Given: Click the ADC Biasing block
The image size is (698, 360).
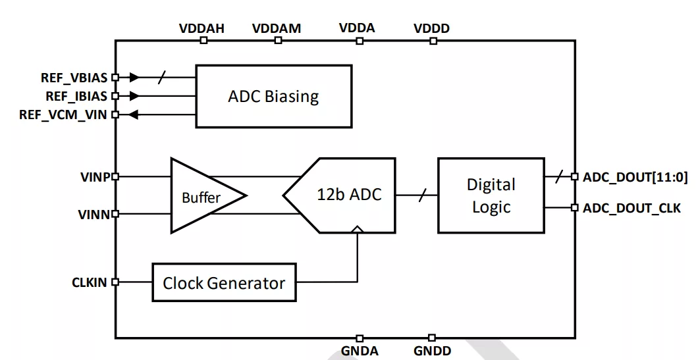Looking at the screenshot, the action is pos(274,97).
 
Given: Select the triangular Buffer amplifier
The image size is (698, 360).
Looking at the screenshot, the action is pos(203,195).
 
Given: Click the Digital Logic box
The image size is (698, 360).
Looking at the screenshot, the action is pos(491,195).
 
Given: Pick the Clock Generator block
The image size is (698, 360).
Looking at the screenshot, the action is pos(224,282).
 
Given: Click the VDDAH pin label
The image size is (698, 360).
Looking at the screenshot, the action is pos(201,28).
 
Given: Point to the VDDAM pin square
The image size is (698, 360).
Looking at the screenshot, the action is pos(279,41).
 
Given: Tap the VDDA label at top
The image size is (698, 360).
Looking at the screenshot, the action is pos(357,28).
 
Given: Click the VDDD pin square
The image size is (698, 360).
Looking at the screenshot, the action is pos(433,41).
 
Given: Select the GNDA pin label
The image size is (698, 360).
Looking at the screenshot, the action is pos(360,351).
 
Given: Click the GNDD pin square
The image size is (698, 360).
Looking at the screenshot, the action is pos(432,338).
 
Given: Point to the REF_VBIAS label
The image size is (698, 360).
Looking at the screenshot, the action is pos(74,78).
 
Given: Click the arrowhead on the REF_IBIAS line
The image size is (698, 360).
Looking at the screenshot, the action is pos(134,95).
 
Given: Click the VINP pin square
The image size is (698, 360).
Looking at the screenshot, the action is pos(115,176).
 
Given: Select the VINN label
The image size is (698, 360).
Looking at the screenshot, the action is pos(94,215).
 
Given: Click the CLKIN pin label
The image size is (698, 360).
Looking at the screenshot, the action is pos(90,282).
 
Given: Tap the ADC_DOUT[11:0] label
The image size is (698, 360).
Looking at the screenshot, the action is pos(635,178).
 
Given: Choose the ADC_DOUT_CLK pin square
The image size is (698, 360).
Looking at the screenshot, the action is pos(575,207).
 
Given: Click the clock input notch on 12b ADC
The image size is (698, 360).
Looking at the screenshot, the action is pos(357,229).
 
